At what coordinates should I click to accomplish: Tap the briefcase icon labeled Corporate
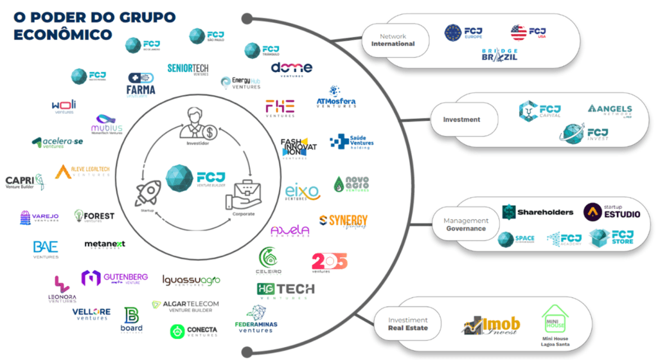[x=241, y=194]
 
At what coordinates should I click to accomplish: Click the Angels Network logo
[x=610, y=111]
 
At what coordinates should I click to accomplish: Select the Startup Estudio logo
[x=612, y=212]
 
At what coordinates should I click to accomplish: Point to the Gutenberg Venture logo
[x=114, y=278]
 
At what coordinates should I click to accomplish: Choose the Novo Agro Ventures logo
[x=351, y=184]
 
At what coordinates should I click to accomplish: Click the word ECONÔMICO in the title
[x=63, y=34]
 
